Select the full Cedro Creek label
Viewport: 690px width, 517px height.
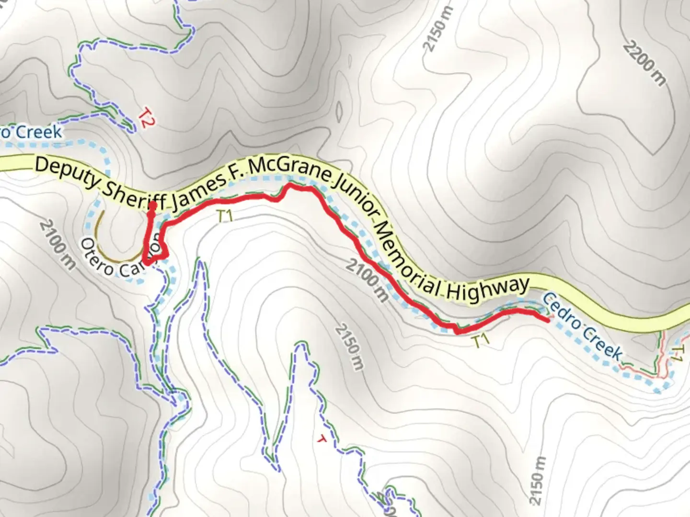pos(582,326)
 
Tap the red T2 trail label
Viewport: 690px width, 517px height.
pos(146,118)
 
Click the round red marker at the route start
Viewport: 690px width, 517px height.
pos(152,206)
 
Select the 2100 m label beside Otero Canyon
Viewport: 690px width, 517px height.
pos(57,244)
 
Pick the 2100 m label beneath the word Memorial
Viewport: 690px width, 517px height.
pos(367,280)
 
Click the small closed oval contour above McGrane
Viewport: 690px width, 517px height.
pos(339,112)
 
